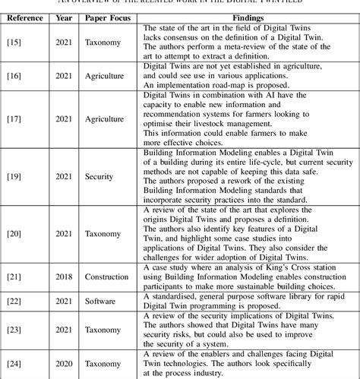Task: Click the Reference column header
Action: point(27,14)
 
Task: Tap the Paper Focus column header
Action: point(106,14)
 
